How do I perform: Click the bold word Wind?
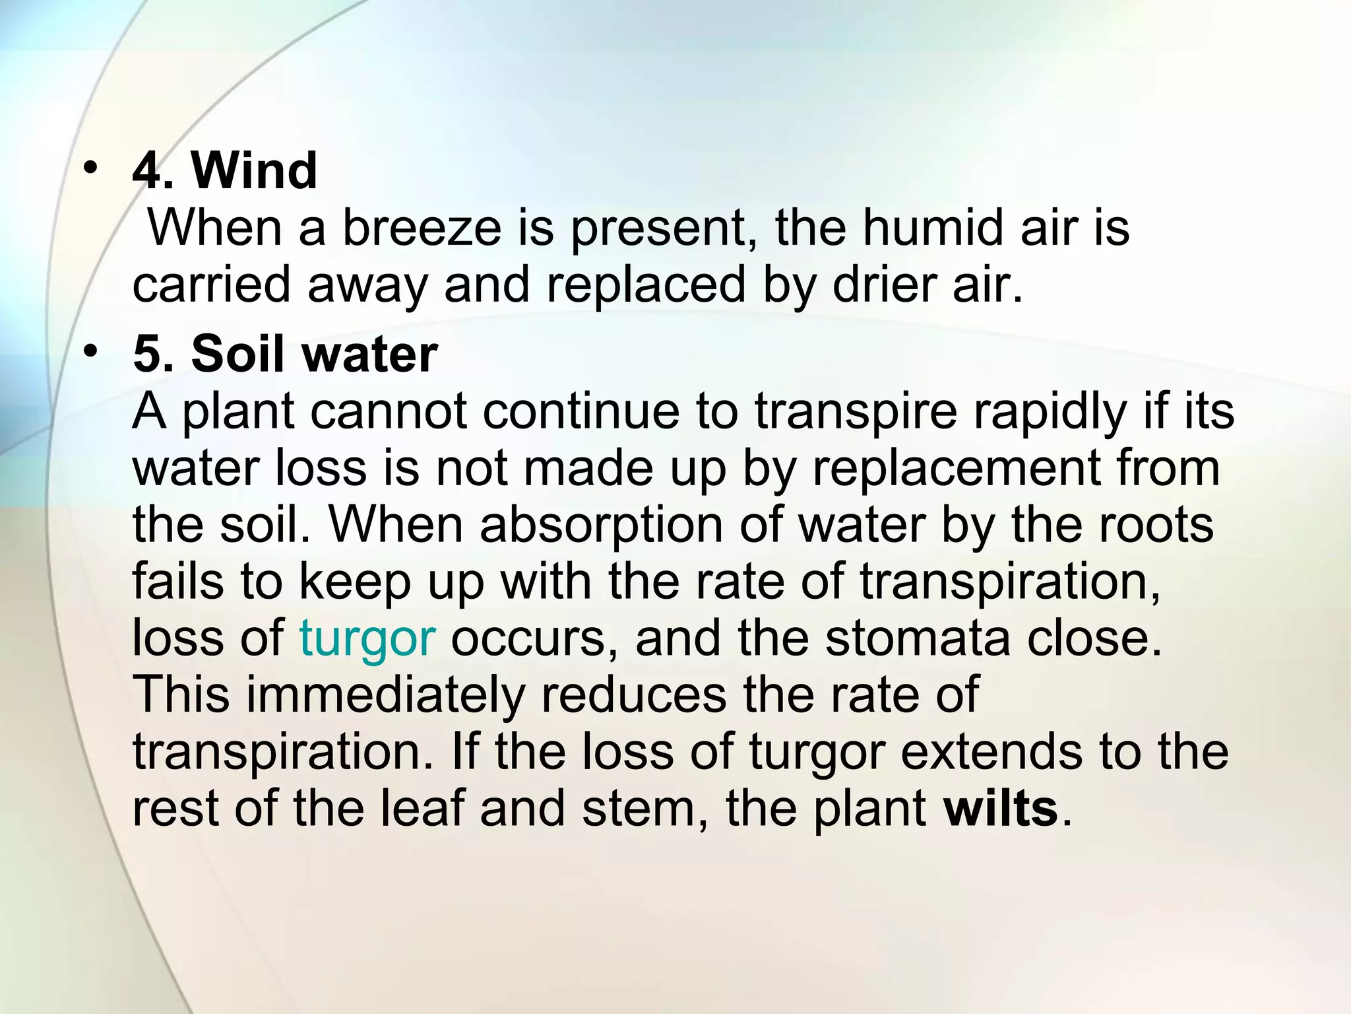click(x=254, y=171)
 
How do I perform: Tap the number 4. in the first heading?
click(x=153, y=171)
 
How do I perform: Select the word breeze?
click(x=422, y=228)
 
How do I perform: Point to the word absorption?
click(x=601, y=525)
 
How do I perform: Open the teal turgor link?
click(x=367, y=639)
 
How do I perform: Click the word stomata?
click(x=918, y=639)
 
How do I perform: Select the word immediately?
click(x=386, y=696)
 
